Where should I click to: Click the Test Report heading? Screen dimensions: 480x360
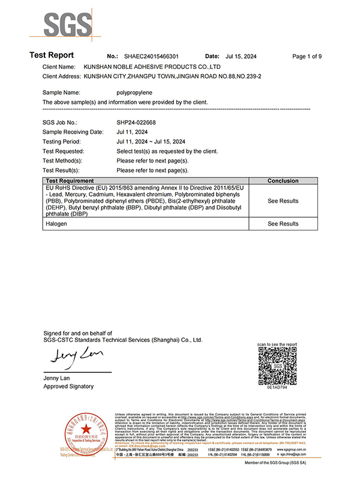tap(52, 56)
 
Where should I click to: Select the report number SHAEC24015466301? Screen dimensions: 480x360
tap(151, 56)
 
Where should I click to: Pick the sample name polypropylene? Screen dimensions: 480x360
tap(136, 92)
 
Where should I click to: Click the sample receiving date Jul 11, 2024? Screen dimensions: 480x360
tap(133, 131)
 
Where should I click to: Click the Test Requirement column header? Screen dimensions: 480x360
tap(70, 181)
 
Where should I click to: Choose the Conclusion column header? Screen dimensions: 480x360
tap(283, 181)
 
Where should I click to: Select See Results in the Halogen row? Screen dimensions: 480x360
tap(283, 224)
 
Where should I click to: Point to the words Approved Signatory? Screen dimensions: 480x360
tap(69, 386)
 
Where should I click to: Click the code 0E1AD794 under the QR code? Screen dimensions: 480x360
tap(277, 389)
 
